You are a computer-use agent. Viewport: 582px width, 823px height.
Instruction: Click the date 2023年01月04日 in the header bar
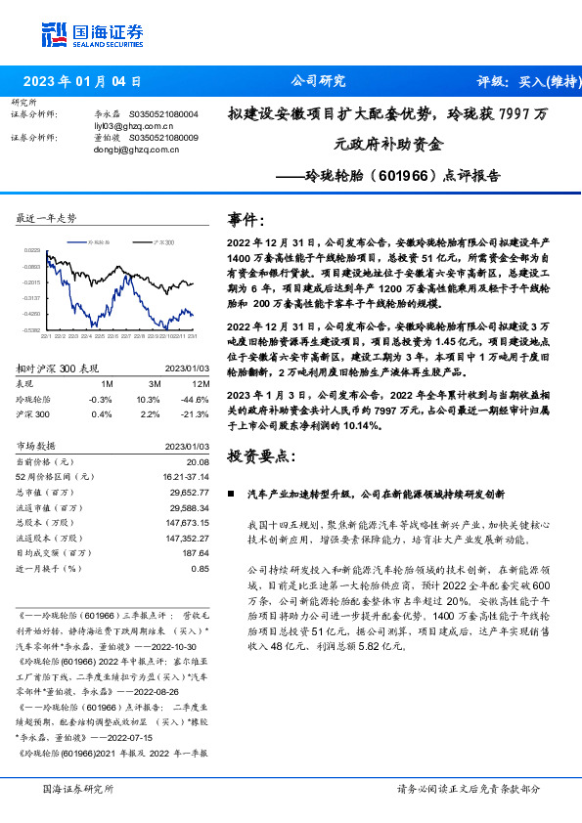click(82, 82)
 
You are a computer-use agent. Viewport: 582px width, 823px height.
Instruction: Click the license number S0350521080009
click(163, 138)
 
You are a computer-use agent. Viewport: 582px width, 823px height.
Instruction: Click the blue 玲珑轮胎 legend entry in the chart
click(95, 239)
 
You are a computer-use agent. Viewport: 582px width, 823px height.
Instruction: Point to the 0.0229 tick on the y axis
click(31, 251)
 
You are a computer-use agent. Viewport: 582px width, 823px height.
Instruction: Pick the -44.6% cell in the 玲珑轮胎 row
click(197, 399)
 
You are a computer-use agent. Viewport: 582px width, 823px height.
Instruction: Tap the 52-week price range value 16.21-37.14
click(185, 476)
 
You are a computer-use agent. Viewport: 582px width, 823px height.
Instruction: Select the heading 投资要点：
click(261, 456)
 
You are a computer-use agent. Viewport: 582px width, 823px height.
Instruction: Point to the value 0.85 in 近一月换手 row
click(201, 568)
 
